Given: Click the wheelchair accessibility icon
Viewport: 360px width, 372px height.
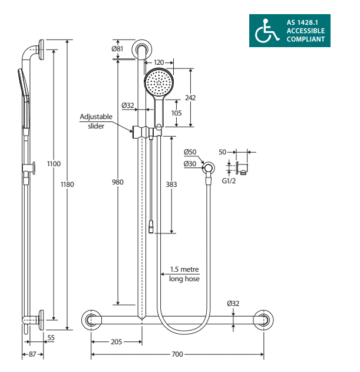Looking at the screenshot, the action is click(x=266, y=31).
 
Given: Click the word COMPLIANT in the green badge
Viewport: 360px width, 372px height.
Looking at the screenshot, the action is click(x=305, y=39).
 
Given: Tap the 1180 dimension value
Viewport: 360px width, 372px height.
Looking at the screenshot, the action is click(x=67, y=185).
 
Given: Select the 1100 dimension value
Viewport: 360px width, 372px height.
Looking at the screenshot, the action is click(x=54, y=164).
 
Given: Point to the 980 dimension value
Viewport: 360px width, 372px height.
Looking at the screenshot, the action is click(x=118, y=182).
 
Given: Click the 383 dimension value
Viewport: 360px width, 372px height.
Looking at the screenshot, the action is click(x=171, y=185).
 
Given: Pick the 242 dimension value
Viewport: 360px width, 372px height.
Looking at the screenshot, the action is click(x=190, y=97).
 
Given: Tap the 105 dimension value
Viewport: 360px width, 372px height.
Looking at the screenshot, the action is click(x=176, y=113).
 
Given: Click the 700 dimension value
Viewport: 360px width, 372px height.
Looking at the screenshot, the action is click(x=177, y=354).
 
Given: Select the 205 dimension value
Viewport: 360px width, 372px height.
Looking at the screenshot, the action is click(x=117, y=342).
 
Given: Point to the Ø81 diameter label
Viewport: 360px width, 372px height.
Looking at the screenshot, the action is click(x=117, y=48).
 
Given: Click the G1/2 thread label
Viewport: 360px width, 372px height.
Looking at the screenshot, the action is click(x=229, y=181).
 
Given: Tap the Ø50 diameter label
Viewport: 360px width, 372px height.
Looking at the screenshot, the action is click(x=190, y=152).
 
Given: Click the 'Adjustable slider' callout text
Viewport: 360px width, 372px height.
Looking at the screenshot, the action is click(x=96, y=121).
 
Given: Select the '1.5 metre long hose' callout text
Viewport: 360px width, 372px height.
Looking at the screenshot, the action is click(x=184, y=274).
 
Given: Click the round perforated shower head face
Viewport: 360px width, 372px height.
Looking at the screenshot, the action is click(x=159, y=83).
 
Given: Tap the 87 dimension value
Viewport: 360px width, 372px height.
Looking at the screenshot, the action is click(x=32, y=354).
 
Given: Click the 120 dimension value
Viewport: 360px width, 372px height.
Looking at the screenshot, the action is click(x=158, y=62).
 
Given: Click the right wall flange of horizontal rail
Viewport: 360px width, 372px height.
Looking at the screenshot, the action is click(x=263, y=320).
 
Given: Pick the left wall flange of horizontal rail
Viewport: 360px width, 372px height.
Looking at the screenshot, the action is click(x=91, y=320).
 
